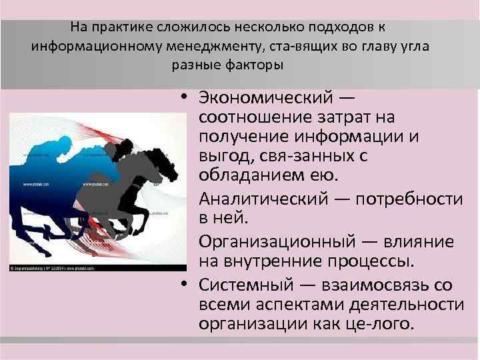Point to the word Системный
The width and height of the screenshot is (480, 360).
pos(241,285)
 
